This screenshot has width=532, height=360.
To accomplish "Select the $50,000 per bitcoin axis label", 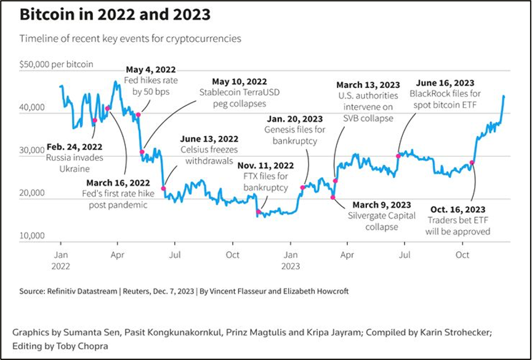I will click(56, 64).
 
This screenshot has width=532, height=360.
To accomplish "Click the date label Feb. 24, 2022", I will click(75, 147).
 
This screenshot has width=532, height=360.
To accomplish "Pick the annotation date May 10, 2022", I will click(239, 81).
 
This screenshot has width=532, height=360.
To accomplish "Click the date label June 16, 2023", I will click(445, 83).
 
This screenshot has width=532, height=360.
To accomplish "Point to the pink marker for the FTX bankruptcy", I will click(259, 212).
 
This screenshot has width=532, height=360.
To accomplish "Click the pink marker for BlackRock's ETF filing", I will click(398, 156).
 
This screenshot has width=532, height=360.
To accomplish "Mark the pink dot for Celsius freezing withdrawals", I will click(163, 188).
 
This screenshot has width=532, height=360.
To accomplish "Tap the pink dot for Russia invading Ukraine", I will click(95, 121).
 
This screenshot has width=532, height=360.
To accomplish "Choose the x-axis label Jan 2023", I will click(291, 260).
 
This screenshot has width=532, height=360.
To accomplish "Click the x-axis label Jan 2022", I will click(61, 260).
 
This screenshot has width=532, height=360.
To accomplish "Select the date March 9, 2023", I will click(381, 204).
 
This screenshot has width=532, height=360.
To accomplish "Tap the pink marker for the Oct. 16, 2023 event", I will click(472, 162).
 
